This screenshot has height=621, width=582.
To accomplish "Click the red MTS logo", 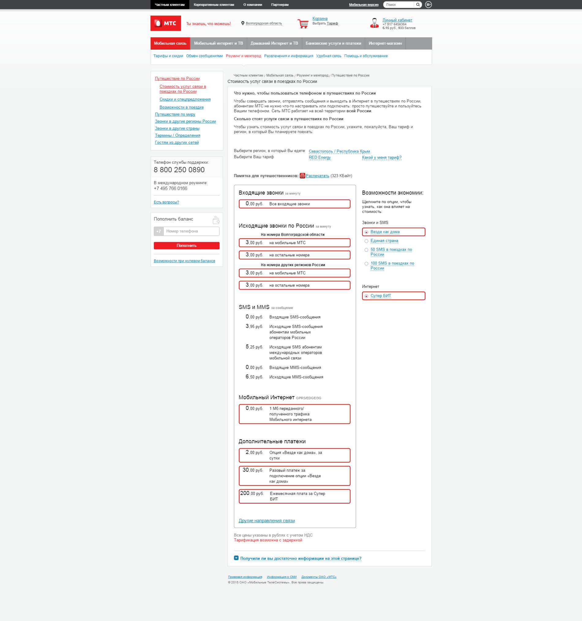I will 166,24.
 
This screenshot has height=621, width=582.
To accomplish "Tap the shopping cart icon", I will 303,24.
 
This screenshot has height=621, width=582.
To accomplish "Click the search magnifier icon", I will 418,5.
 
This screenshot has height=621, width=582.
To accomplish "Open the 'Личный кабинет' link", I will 397,20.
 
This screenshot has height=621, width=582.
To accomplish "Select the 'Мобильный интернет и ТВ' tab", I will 218,43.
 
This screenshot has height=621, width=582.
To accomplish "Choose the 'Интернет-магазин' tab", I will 385,43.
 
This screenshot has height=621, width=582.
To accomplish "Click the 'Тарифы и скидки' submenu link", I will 168,56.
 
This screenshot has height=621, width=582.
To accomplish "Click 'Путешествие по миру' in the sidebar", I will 175,114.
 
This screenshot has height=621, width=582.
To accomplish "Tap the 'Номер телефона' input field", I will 191,231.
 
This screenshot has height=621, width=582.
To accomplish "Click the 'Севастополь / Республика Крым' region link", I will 339,151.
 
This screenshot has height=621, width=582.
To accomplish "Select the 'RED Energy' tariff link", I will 319,157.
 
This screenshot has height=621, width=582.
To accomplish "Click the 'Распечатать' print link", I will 317,176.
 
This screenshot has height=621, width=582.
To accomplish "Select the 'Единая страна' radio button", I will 367,241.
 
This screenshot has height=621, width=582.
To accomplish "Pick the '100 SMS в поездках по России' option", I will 367,264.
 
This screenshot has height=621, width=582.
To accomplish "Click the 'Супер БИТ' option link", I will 381,296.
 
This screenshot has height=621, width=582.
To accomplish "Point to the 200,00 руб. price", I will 252,493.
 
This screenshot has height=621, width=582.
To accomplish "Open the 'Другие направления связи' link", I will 267,521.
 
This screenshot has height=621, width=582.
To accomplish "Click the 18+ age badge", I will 428,5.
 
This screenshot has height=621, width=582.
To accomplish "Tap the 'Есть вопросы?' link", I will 166,202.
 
